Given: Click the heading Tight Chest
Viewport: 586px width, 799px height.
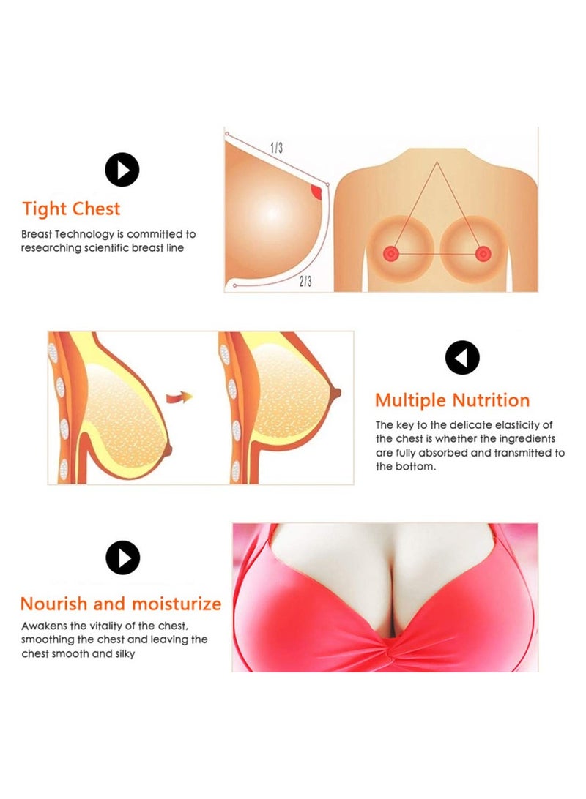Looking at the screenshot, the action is (x=71, y=209).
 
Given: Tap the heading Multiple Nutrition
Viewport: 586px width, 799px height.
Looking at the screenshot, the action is (x=453, y=400).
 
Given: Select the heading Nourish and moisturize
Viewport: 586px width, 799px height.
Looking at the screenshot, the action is (x=121, y=604).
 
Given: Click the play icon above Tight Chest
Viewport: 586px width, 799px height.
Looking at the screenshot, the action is (x=122, y=170).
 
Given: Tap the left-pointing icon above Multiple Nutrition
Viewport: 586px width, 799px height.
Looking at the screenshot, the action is (x=462, y=358).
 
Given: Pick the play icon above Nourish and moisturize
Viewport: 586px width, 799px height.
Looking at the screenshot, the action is (x=123, y=558).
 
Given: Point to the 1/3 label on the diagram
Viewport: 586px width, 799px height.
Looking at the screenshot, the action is (x=276, y=148).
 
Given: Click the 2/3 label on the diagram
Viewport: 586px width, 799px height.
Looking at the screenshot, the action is (x=305, y=281).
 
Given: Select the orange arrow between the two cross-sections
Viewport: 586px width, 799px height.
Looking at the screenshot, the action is (x=179, y=397).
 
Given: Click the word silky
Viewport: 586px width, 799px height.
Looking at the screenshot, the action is (x=125, y=654).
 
